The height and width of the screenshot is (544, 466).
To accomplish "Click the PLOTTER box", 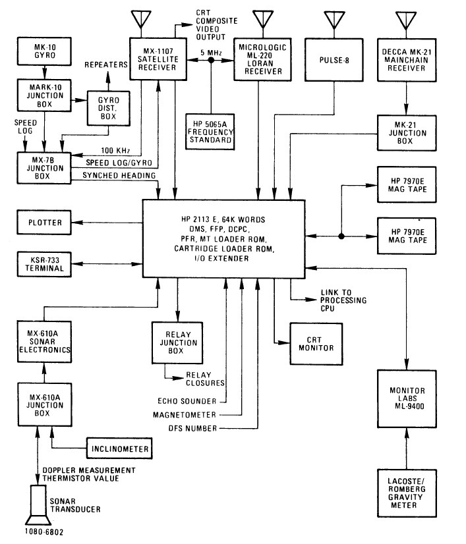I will pyautogui.click(x=45, y=223).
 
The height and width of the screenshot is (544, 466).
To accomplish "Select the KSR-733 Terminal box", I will pyautogui.click(x=45, y=264).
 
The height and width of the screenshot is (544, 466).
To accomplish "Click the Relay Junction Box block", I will pyautogui.click(x=176, y=341).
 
